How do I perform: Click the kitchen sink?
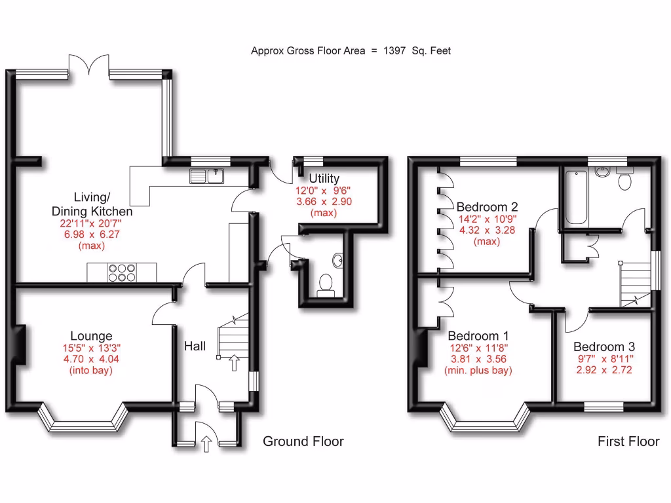point(207,176)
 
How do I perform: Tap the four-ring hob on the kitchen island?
point(121,272)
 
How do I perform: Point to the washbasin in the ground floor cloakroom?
point(339,261)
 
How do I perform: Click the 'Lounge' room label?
point(91,336)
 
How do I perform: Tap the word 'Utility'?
point(324,178)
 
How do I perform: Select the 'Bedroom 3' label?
point(604,346)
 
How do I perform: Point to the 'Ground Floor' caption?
point(303,441)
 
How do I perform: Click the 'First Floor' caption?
point(628,441)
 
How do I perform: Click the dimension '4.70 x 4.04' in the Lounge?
point(91,359)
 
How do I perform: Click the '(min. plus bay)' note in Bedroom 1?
point(478,371)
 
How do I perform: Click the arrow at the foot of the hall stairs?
point(234,362)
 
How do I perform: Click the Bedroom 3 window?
point(604,407)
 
